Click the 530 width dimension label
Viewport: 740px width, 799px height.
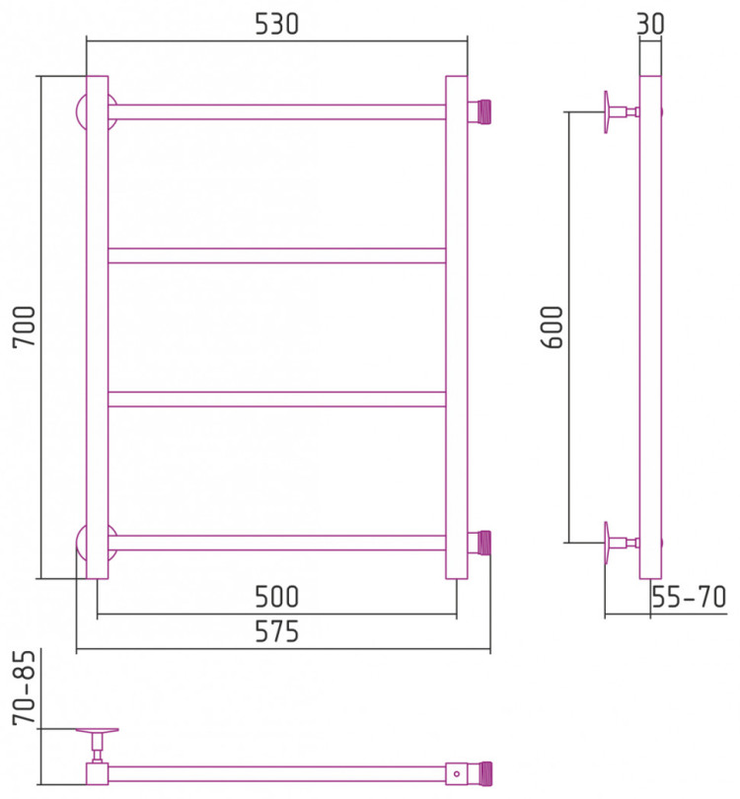pos(276,24)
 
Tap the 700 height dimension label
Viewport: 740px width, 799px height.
pos(24,327)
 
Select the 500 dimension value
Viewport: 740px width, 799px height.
pos(276,597)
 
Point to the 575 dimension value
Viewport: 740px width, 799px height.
pos(276,632)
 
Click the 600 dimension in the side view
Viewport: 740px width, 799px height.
pos(552,327)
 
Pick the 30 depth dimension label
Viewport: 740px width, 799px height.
pos(650,24)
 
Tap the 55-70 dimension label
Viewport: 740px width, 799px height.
pos(689,597)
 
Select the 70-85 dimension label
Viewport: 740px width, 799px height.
pos(24,688)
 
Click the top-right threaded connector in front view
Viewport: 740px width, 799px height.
pos(480,111)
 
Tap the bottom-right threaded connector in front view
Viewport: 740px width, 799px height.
pos(480,543)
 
